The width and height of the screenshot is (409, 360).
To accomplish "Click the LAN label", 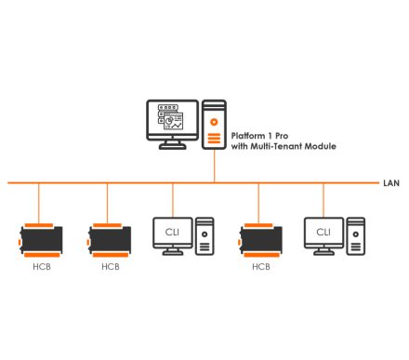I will coord(391,182).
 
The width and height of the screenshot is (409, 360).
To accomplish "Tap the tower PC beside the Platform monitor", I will coord(215,125).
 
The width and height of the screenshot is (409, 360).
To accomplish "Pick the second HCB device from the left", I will coord(110,238).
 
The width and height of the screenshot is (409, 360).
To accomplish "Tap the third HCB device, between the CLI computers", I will coord(261,238).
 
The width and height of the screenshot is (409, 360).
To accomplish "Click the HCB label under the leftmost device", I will coord(40,266).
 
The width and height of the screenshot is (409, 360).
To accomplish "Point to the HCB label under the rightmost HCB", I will coord(261,266).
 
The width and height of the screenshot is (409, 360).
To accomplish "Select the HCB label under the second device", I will coord(110,266).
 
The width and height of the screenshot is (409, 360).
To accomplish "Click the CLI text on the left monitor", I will coord(172,232).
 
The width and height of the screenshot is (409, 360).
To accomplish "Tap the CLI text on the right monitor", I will coord(323,232).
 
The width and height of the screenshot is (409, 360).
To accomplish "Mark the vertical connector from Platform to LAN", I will coord(215,166).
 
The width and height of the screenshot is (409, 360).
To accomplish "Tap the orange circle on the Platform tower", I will coord(215,121).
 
